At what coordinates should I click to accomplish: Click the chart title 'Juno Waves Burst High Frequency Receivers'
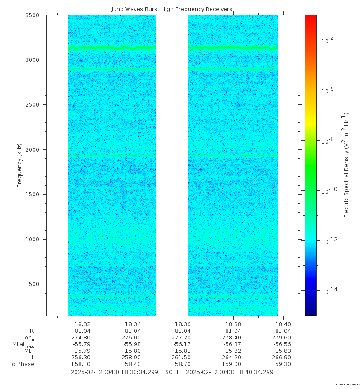172,9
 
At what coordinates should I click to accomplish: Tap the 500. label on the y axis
37,284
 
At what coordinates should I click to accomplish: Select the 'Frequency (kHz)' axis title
19,165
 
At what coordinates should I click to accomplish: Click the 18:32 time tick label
83,324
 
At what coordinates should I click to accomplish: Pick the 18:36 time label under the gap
183,324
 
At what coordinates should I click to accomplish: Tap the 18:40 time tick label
283,324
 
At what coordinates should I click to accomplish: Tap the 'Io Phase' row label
23,364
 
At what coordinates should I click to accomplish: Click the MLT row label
29,351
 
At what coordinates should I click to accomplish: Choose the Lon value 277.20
183,338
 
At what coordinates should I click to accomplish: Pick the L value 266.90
283,358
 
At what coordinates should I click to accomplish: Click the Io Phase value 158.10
83,364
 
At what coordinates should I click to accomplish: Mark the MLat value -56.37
233,344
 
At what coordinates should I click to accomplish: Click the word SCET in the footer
172,372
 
